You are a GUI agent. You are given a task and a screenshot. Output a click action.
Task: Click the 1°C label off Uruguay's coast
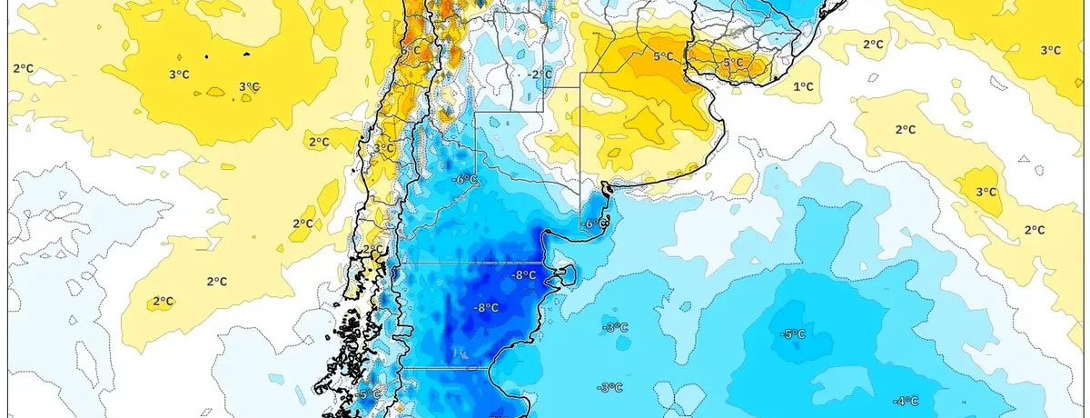[x=803, y=87]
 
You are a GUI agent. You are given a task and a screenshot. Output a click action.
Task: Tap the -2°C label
[x=542, y=75]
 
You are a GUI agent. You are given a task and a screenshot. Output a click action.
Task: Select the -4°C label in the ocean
[x=905, y=401]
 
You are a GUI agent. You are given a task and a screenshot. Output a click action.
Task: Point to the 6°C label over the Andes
[x=410, y=51]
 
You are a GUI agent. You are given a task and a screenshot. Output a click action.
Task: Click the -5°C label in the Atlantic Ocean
[x=792, y=334]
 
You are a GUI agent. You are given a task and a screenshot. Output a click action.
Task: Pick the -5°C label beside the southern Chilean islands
[x=366, y=395]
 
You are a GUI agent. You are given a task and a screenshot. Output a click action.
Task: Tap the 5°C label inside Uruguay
[x=733, y=63]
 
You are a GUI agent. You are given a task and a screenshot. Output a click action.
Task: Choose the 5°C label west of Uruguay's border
[x=663, y=56]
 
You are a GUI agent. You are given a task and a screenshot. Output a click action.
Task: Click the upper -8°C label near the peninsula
[x=522, y=274]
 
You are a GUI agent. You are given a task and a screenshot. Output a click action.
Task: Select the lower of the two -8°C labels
[x=486, y=308]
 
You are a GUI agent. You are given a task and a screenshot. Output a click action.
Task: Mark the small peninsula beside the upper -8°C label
[x=566, y=273]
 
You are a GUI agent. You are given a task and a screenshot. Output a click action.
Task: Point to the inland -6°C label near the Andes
[x=465, y=180]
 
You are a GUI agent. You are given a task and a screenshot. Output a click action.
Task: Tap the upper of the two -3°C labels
[x=615, y=327]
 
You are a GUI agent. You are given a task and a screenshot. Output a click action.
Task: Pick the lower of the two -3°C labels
[x=609, y=388]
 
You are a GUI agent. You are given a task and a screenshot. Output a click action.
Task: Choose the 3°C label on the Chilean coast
[x=383, y=148]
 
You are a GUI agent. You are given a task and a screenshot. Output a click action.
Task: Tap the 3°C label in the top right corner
[x=1051, y=51]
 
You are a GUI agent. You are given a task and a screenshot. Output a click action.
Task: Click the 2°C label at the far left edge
[x=23, y=68]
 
